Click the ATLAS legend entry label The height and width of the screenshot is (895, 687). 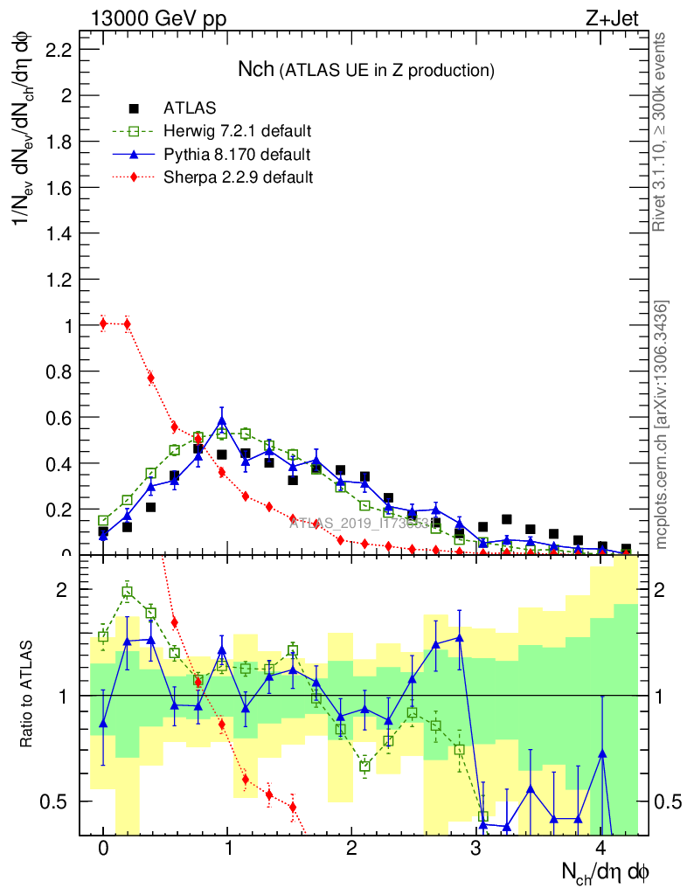190,108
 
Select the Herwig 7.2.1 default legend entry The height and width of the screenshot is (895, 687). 237,131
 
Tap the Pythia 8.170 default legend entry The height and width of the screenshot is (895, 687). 237,155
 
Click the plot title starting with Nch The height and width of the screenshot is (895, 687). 366,69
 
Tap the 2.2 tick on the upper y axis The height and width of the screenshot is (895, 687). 59,51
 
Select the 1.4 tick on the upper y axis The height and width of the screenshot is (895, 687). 59,233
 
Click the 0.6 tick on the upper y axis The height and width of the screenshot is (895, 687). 59,417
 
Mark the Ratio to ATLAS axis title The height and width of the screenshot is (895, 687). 29,695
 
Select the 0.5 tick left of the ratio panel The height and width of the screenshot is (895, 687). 59,801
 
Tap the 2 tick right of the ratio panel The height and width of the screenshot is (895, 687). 664,589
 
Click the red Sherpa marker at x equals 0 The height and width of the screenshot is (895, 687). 103,323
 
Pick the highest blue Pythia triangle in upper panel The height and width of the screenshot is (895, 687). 222,420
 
